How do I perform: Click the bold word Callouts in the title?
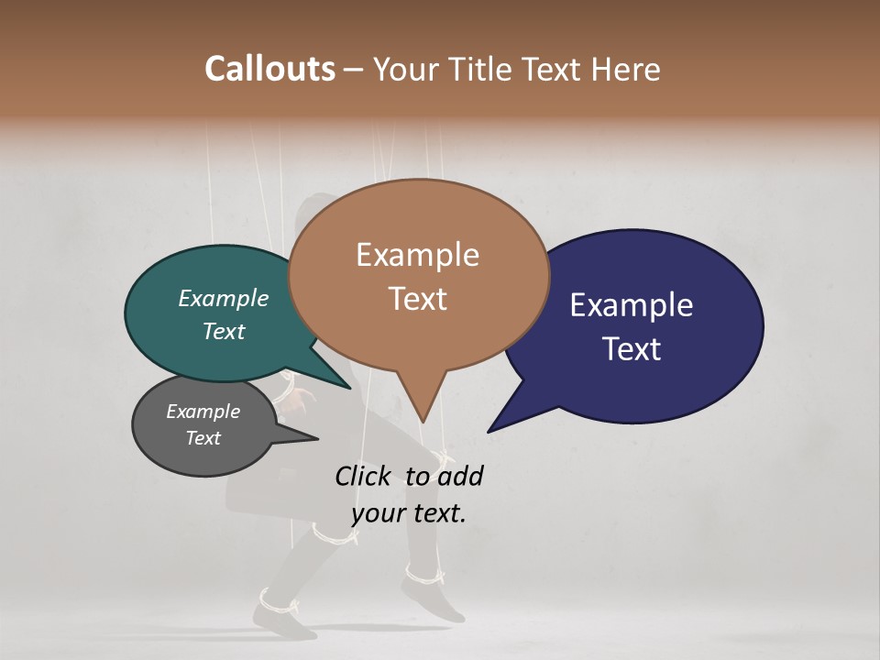(269, 69)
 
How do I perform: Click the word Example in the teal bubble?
(224, 298)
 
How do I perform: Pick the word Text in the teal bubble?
(224, 331)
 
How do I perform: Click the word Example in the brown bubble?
(417, 255)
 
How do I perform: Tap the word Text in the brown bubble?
(417, 299)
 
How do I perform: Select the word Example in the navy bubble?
(632, 305)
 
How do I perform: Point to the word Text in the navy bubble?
(632, 349)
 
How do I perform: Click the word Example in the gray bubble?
(203, 412)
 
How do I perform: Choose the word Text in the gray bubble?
(203, 438)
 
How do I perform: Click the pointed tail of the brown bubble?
(422, 417)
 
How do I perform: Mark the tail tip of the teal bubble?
(348, 387)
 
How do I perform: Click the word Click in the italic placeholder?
(364, 476)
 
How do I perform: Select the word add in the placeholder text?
(460, 476)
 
